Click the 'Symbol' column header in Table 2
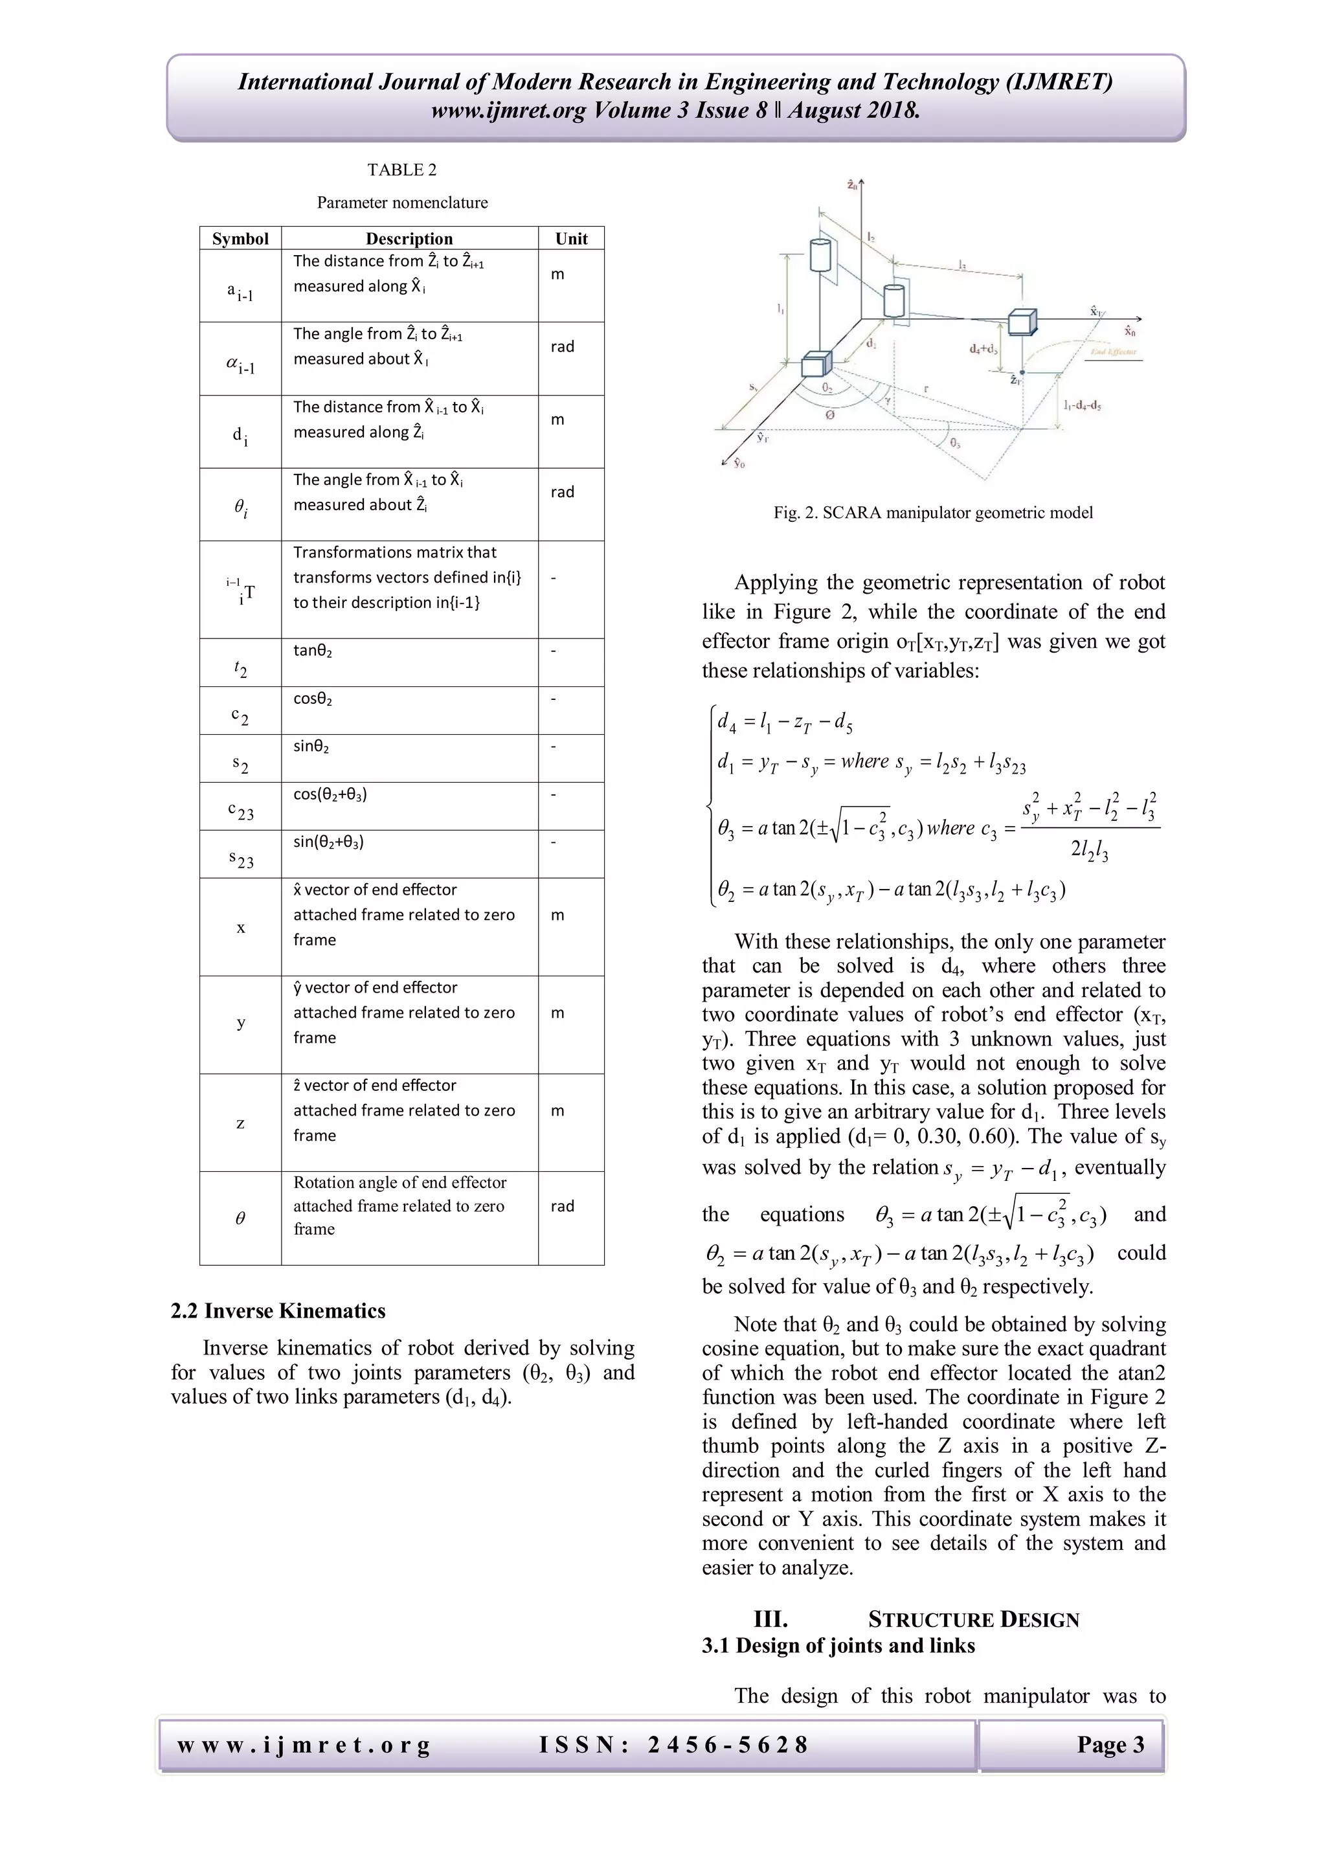point(240,238)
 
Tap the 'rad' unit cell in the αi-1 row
point(563,346)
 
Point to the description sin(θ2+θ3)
point(328,842)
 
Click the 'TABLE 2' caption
point(401,170)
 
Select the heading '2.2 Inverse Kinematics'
point(278,1310)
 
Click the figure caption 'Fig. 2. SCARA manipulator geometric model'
point(932,513)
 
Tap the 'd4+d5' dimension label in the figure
point(983,349)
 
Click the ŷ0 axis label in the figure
point(738,463)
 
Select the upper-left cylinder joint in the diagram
point(820,255)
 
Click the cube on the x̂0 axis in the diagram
point(1022,322)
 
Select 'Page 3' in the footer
point(1110,1745)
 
